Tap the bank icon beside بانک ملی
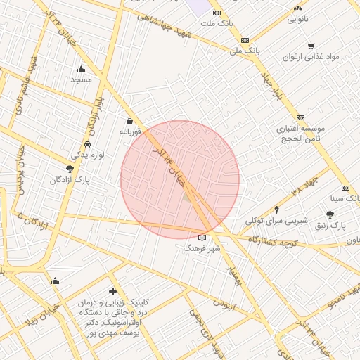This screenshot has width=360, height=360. [x=245, y=40]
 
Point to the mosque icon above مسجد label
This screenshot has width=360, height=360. [x=82, y=69]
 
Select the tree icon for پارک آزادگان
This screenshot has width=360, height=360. [x=69, y=169]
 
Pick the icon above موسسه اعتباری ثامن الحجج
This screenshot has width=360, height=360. [x=301, y=117]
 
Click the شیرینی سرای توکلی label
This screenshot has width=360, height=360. [x=277, y=220]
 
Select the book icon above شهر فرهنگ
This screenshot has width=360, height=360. [x=202, y=238]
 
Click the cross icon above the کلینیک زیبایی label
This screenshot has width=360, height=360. [x=112, y=291]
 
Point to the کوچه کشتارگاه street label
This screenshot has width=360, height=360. [x=281, y=240]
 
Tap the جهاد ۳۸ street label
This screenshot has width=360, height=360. [x=290, y=191]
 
